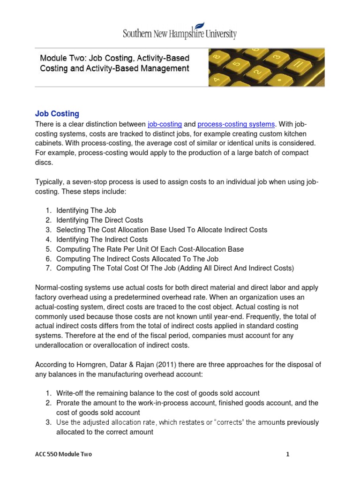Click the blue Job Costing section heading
(x=57, y=113)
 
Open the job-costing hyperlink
(x=165, y=124)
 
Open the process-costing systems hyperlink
(x=236, y=124)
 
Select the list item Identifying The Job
(x=86, y=210)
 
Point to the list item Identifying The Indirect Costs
(x=102, y=240)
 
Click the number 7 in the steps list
(x=48, y=268)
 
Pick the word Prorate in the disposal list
(x=69, y=403)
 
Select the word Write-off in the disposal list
(x=71, y=393)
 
